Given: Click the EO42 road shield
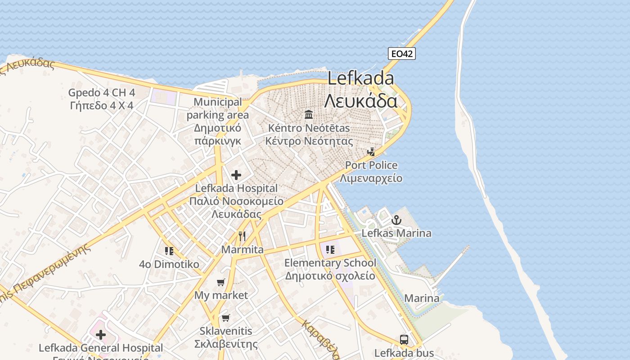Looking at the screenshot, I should (x=401, y=54).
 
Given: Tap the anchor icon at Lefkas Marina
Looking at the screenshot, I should (x=396, y=220).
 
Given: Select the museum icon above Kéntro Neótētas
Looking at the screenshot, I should (x=309, y=114).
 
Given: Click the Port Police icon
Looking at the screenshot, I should (x=371, y=152).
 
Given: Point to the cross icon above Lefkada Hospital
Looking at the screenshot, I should (x=236, y=175).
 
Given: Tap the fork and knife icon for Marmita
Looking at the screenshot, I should (x=242, y=236).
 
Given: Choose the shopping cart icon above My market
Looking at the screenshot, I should (x=220, y=282).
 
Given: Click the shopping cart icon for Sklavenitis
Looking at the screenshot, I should (x=226, y=318).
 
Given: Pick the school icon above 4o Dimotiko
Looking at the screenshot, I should (x=169, y=251).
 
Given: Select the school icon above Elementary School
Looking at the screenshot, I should (x=330, y=249).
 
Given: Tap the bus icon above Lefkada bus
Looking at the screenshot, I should (x=404, y=340).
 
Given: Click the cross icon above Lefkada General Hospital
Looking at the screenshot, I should (x=101, y=334).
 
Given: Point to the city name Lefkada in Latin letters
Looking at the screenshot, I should (x=360, y=78).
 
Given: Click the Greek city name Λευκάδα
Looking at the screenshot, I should (x=360, y=101).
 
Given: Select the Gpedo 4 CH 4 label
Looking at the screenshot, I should (x=102, y=93).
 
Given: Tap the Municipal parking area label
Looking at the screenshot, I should (x=218, y=108).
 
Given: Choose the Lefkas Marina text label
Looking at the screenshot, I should (x=396, y=233).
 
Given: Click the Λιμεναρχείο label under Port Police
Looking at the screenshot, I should (x=371, y=178).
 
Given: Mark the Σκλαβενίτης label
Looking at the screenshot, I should (x=226, y=344).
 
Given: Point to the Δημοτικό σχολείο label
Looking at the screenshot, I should (x=330, y=275).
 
